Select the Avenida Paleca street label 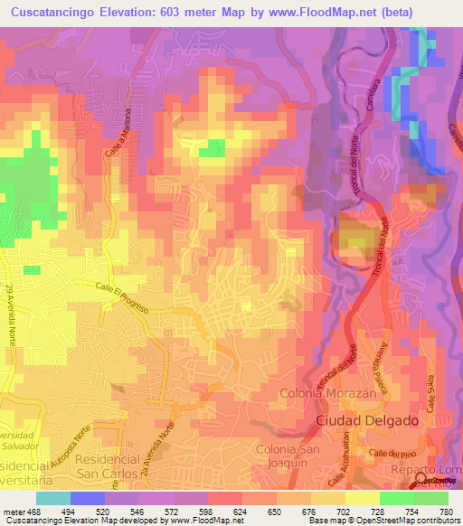[x=375, y=371]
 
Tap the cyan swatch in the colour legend [x=53, y=497]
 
